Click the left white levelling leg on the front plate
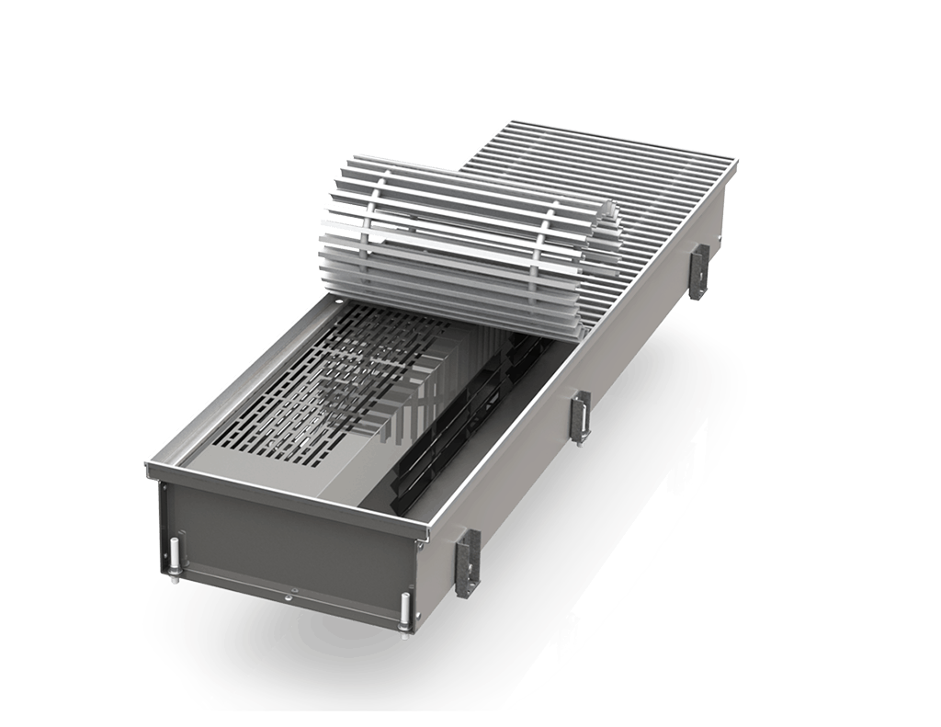[172, 562]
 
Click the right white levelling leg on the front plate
[403, 613]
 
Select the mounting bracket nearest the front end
[468, 562]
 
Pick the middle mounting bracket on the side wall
[580, 417]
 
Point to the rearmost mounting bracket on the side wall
[698, 271]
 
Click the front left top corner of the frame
[150, 469]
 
